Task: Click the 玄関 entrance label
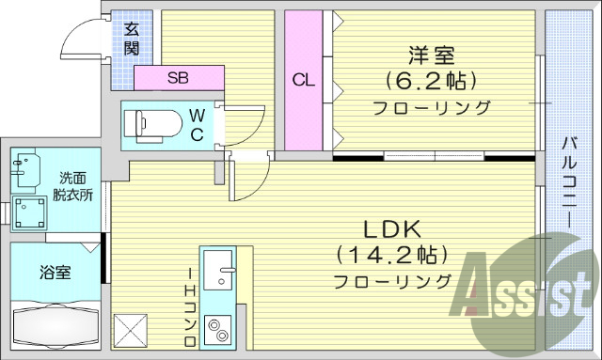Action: click(x=132, y=37)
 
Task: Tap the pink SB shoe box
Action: click(x=179, y=78)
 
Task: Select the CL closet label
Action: click(x=302, y=80)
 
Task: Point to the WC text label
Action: click(x=197, y=124)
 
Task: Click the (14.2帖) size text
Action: click(x=388, y=255)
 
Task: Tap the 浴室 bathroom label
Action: click(x=54, y=274)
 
